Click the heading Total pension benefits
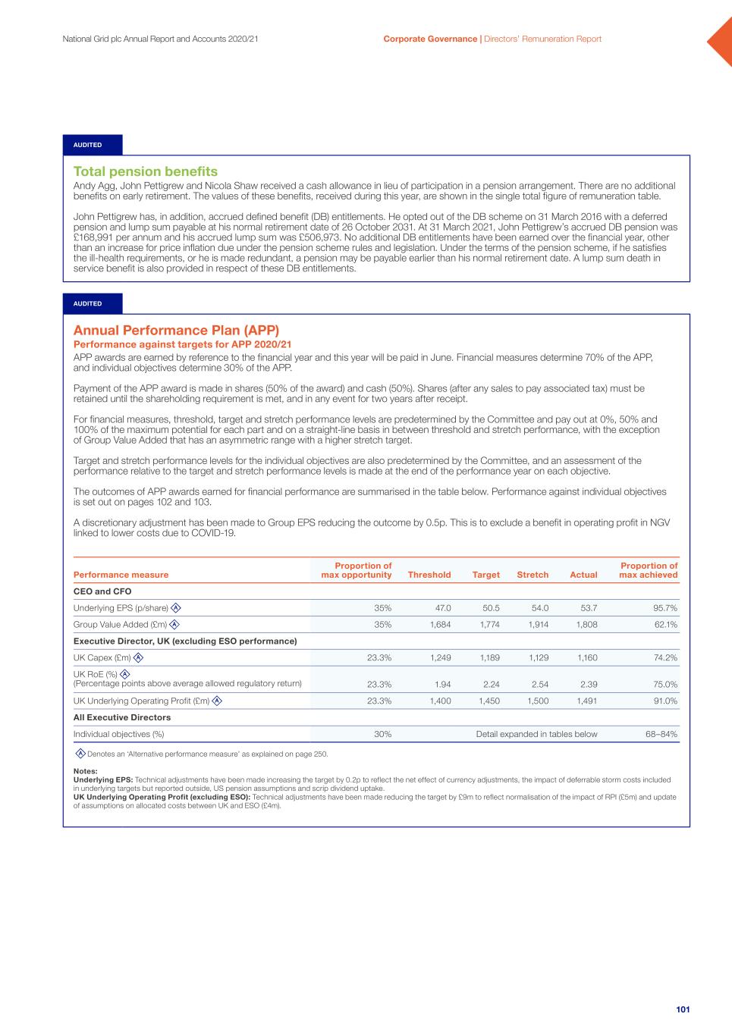click(145, 171)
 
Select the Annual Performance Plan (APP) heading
click(176, 330)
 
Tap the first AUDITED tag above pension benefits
click(88, 145)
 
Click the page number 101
click(683, 1009)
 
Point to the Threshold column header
click(429, 575)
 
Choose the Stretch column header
click(533, 575)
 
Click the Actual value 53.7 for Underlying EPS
click(588, 608)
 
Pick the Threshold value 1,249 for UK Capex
click(440, 658)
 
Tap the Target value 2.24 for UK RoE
click(491, 684)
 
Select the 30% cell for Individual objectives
click(383, 734)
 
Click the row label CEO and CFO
click(102, 591)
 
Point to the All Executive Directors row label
click(121, 717)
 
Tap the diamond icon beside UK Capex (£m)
click(138, 658)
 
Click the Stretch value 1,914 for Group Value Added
click(538, 625)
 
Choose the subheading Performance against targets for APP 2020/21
click(182, 344)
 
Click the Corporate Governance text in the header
click(430, 39)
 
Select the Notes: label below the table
click(85, 771)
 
